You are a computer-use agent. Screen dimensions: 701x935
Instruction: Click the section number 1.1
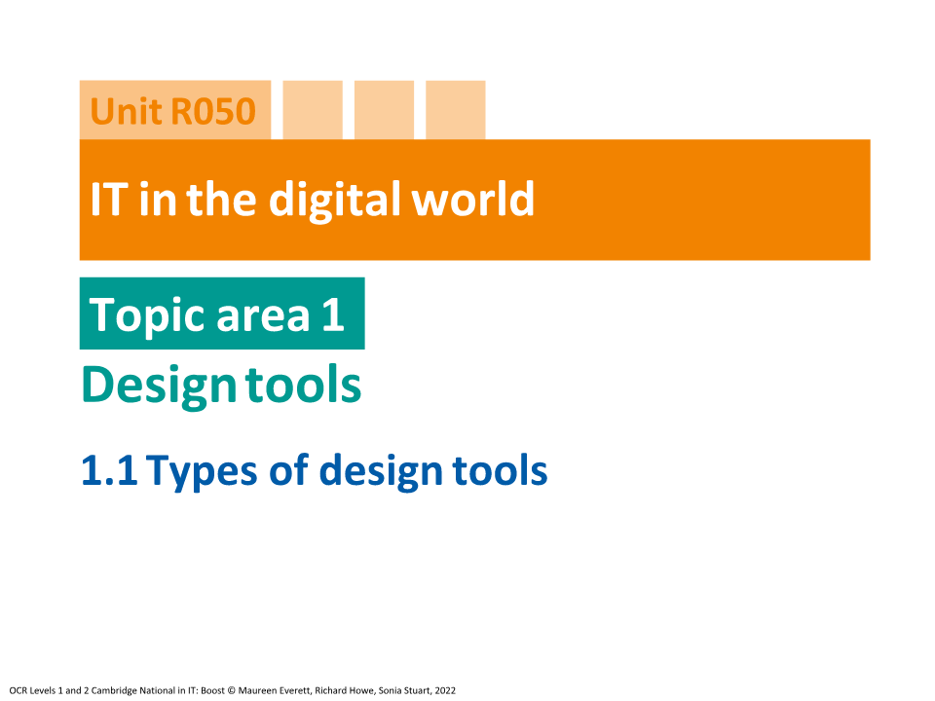(110, 471)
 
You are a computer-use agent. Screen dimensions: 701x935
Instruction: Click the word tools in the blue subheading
(501, 471)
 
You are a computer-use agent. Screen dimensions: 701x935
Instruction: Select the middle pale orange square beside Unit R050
(384, 110)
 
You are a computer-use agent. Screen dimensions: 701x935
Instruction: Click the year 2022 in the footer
(444, 689)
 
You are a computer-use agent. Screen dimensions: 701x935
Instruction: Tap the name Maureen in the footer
(260, 689)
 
